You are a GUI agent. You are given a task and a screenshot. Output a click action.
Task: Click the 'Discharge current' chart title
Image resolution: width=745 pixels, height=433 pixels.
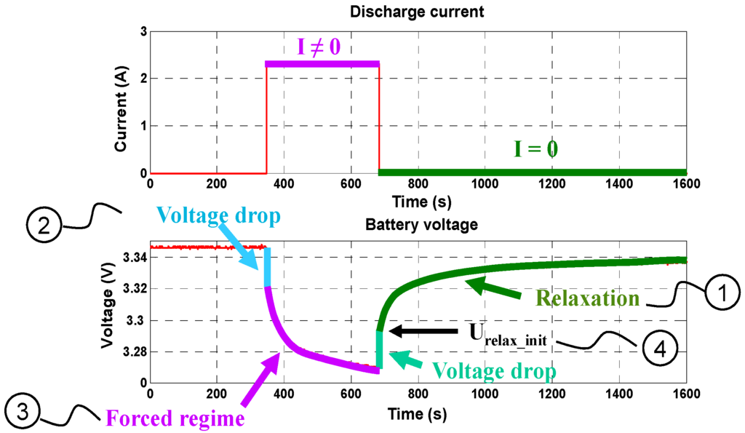click(418, 12)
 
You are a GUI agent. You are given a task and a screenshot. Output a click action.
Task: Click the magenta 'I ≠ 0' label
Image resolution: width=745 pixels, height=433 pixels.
click(319, 48)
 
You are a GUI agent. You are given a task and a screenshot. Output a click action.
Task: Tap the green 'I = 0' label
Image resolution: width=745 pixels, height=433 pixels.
click(535, 151)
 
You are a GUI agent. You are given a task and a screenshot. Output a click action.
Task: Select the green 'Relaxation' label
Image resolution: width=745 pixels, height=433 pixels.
click(588, 298)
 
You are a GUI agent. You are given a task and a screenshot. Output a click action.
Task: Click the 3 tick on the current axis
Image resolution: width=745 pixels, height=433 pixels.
click(143, 32)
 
